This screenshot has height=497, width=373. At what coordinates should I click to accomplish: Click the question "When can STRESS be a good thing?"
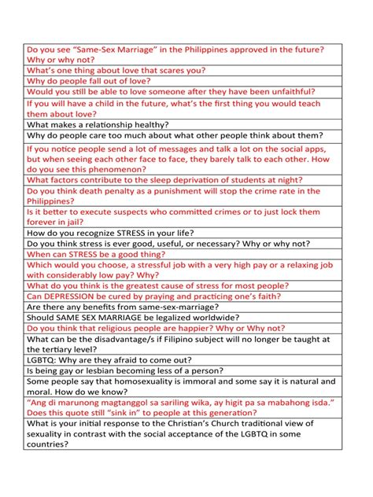pyautogui.click(x=96, y=255)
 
